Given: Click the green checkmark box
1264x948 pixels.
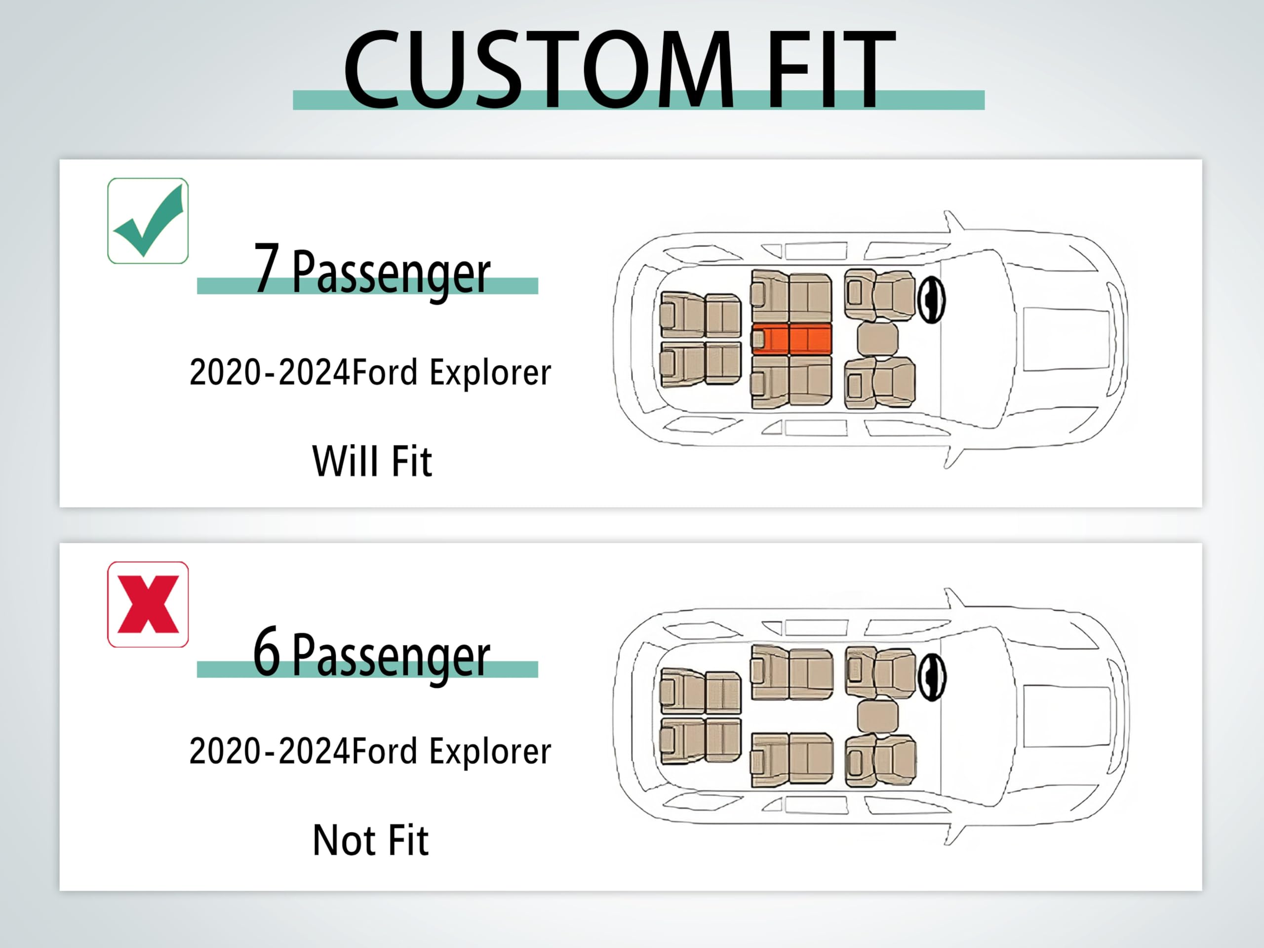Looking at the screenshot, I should pos(148,221).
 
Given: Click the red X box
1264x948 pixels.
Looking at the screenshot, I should pos(148,604).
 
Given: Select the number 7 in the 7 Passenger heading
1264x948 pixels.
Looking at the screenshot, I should pos(266,268).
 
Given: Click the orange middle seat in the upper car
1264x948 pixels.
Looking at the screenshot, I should pos(791,339).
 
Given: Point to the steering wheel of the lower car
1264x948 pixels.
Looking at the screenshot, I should pos(931,676).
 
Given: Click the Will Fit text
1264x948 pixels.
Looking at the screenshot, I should pos(372,461).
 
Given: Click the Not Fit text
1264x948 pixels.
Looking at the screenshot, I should pos(371,840).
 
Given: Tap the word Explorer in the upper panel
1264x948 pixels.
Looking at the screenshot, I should pos(490,373).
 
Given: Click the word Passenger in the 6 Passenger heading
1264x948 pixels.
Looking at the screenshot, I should pos(391,655).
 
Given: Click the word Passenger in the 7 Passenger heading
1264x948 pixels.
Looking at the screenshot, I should pos(391,272).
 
